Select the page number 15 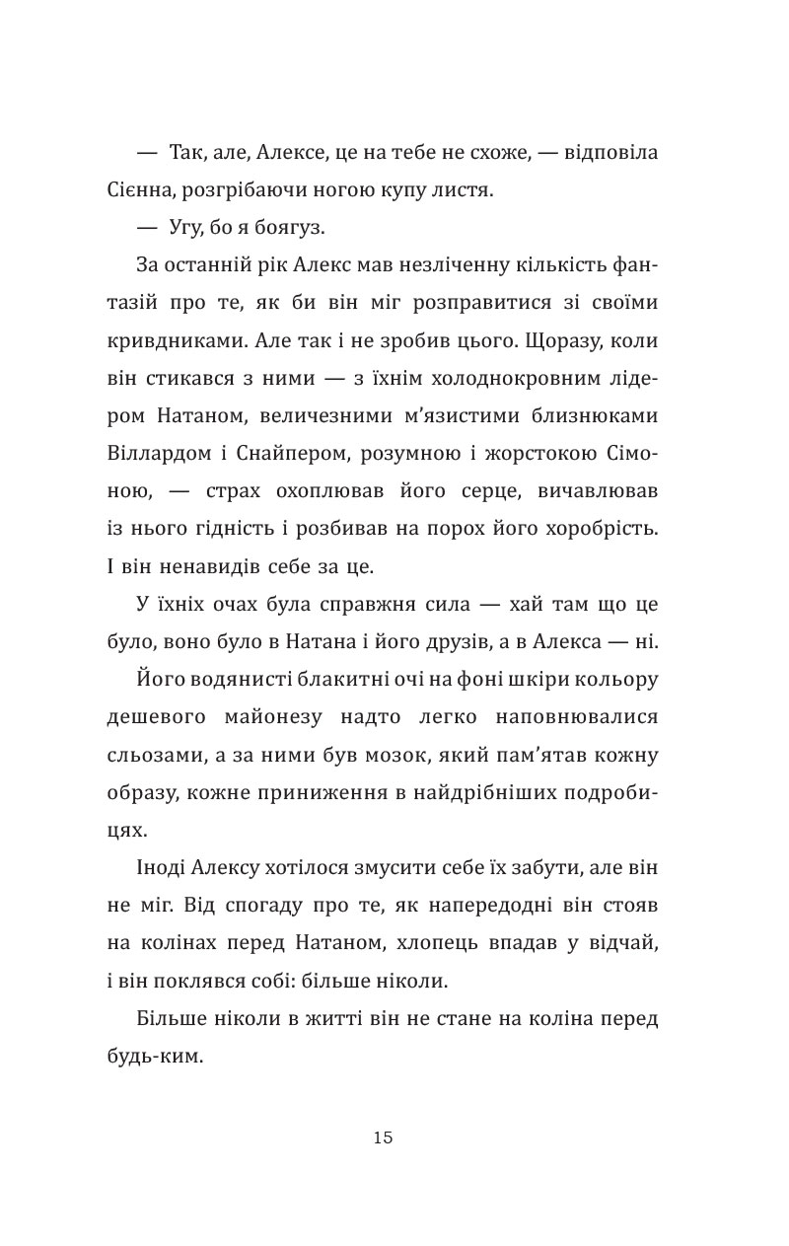click(384, 1137)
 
